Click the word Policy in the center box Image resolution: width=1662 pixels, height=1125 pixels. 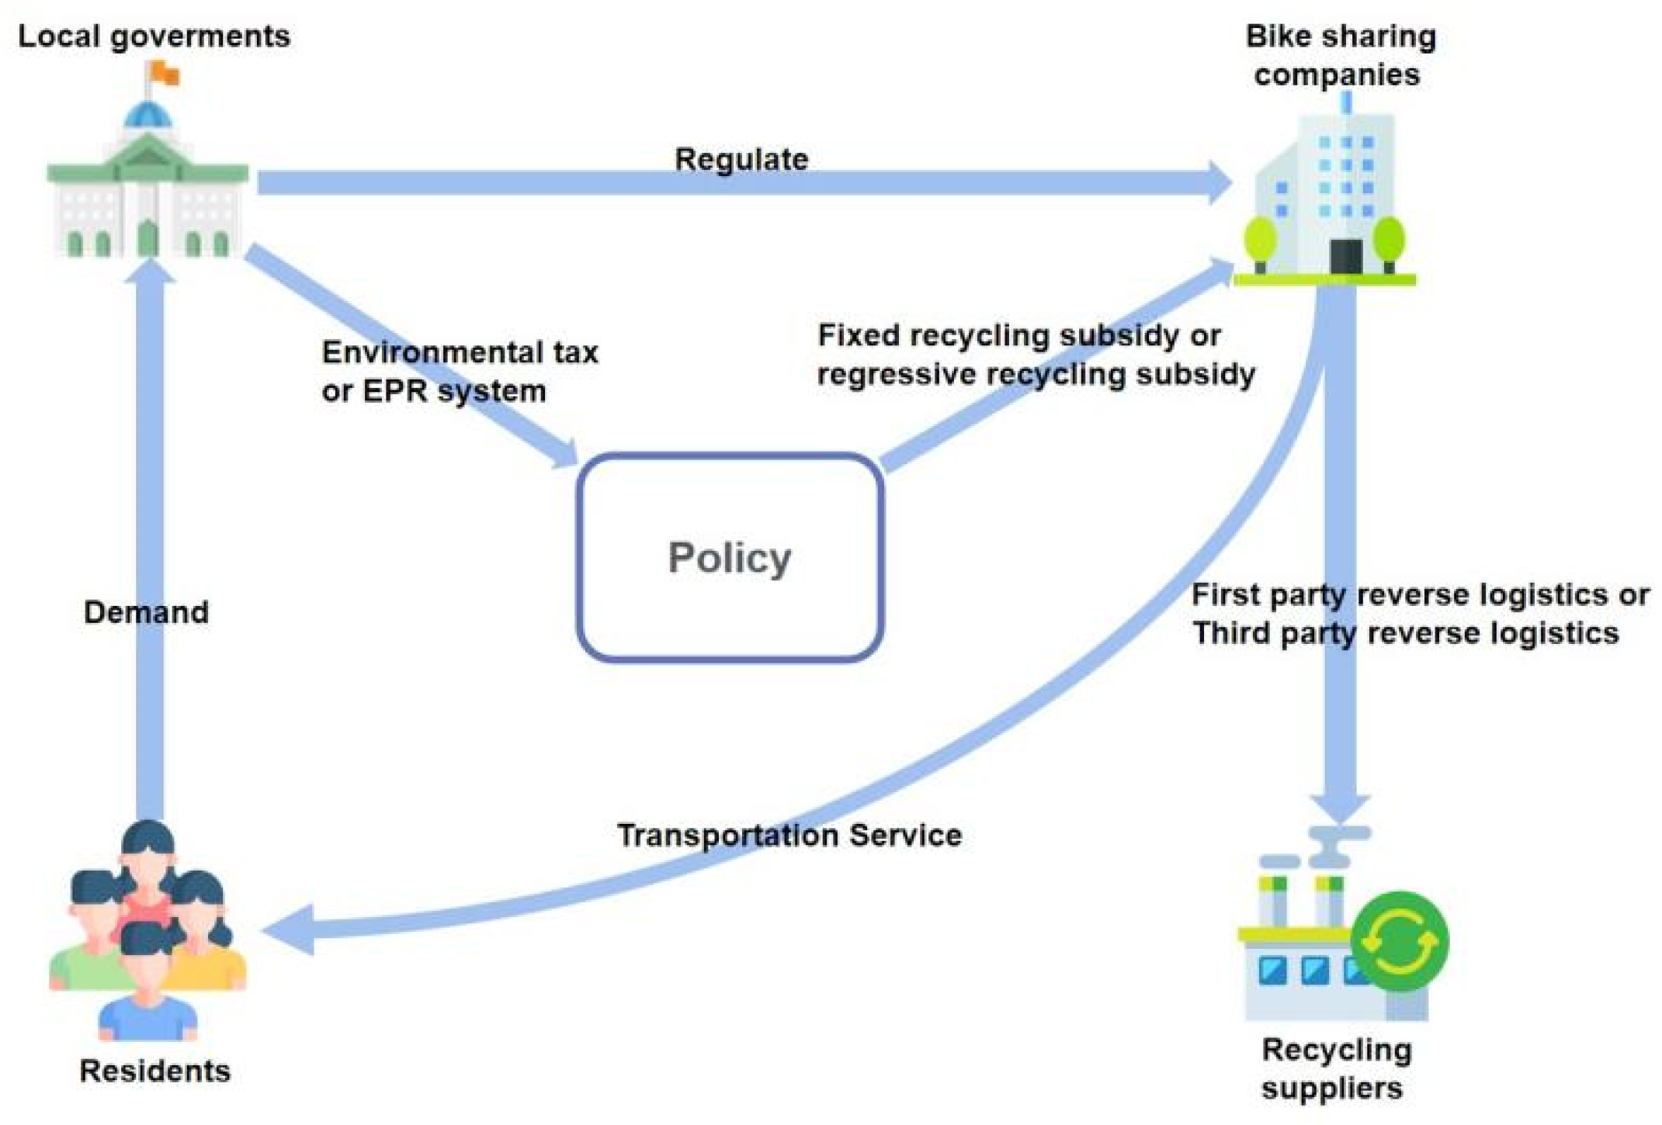729,557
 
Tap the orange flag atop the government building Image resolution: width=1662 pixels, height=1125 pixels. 165,74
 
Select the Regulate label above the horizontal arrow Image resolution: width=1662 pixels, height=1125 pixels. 741,159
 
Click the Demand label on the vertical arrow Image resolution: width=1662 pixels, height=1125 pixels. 146,612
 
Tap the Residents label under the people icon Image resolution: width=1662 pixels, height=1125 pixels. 154,1071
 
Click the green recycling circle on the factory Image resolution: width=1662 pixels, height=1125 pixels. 1399,941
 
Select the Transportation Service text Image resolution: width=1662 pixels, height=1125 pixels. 789,835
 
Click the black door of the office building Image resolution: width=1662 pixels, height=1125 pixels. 1345,256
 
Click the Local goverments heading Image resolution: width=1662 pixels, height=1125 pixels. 154,36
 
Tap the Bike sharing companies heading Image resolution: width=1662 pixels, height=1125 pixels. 1340,55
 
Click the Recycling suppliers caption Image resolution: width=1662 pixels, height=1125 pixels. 1335,1068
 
